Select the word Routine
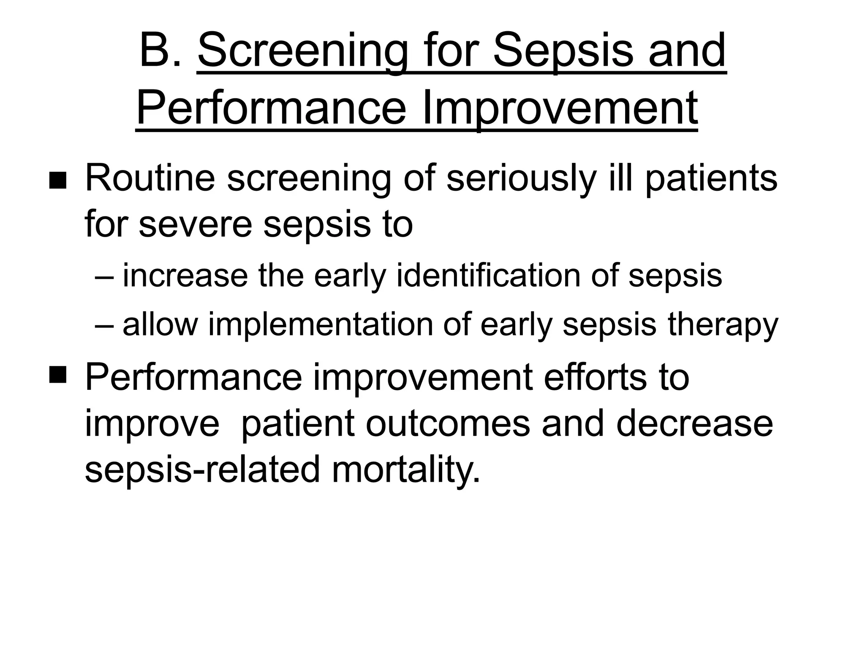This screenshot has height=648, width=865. [150, 179]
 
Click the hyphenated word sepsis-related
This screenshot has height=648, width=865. [202, 470]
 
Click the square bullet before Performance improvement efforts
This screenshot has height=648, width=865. [57, 374]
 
